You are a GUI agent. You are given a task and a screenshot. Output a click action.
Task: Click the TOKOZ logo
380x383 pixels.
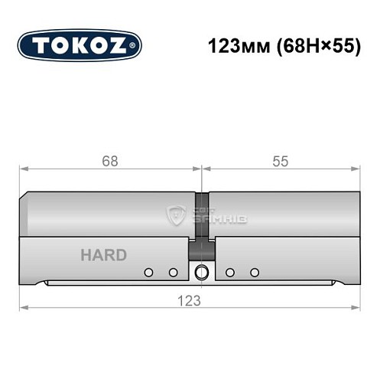(x=79, y=45)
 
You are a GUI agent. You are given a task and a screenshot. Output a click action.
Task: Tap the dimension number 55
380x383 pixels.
(x=280, y=161)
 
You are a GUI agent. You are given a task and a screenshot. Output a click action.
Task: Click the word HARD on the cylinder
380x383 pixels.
(x=103, y=255)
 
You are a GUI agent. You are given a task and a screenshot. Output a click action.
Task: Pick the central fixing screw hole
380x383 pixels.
(x=202, y=272)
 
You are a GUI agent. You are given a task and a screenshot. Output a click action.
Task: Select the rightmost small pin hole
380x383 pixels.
(x=255, y=273)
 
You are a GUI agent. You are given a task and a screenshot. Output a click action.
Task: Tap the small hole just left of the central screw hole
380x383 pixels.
(x=174, y=273)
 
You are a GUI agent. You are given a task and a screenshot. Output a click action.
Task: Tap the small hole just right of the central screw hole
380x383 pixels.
(x=229, y=273)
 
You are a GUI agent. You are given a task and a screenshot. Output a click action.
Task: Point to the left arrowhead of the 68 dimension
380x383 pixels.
(x=24, y=169)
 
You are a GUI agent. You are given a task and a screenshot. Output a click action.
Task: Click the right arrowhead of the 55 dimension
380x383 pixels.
(x=356, y=169)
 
